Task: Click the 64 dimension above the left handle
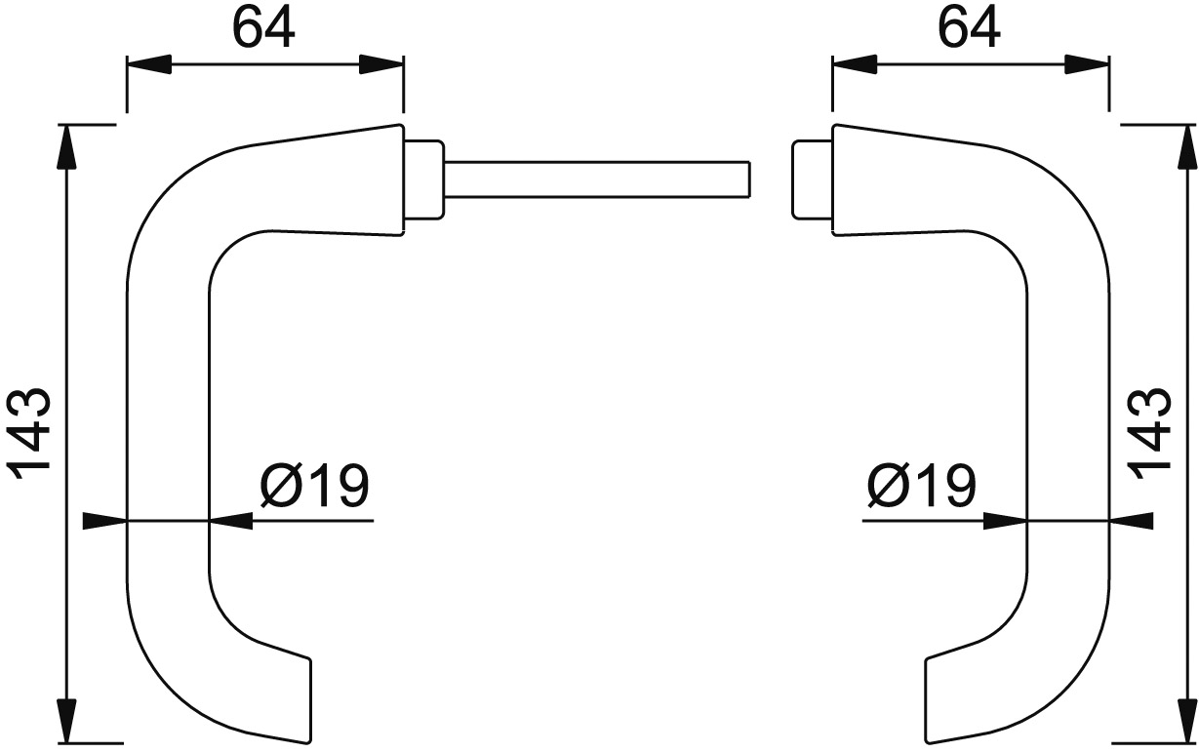pyautogui.click(x=263, y=30)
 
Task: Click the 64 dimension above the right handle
pyautogui.click(x=970, y=30)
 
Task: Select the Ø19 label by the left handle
pyautogui.click(x=315, y=484)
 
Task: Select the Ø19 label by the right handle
pyautogui.click(x=920, y=484)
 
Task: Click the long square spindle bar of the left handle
pyautogui.click(x=595, y=178)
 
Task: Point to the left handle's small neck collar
pyautogui.click(x=423, y=179)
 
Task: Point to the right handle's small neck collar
pyautogui.click(x=810, y=179)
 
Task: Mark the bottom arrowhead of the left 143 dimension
pyautogui.click(x=67, y=722)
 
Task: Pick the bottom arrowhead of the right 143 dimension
pyautogui.click(x=1184, y=722)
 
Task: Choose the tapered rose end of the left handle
pyautogui.click(x=371, y=181)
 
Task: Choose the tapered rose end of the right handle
pyautogui.click(x=863, y=181)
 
